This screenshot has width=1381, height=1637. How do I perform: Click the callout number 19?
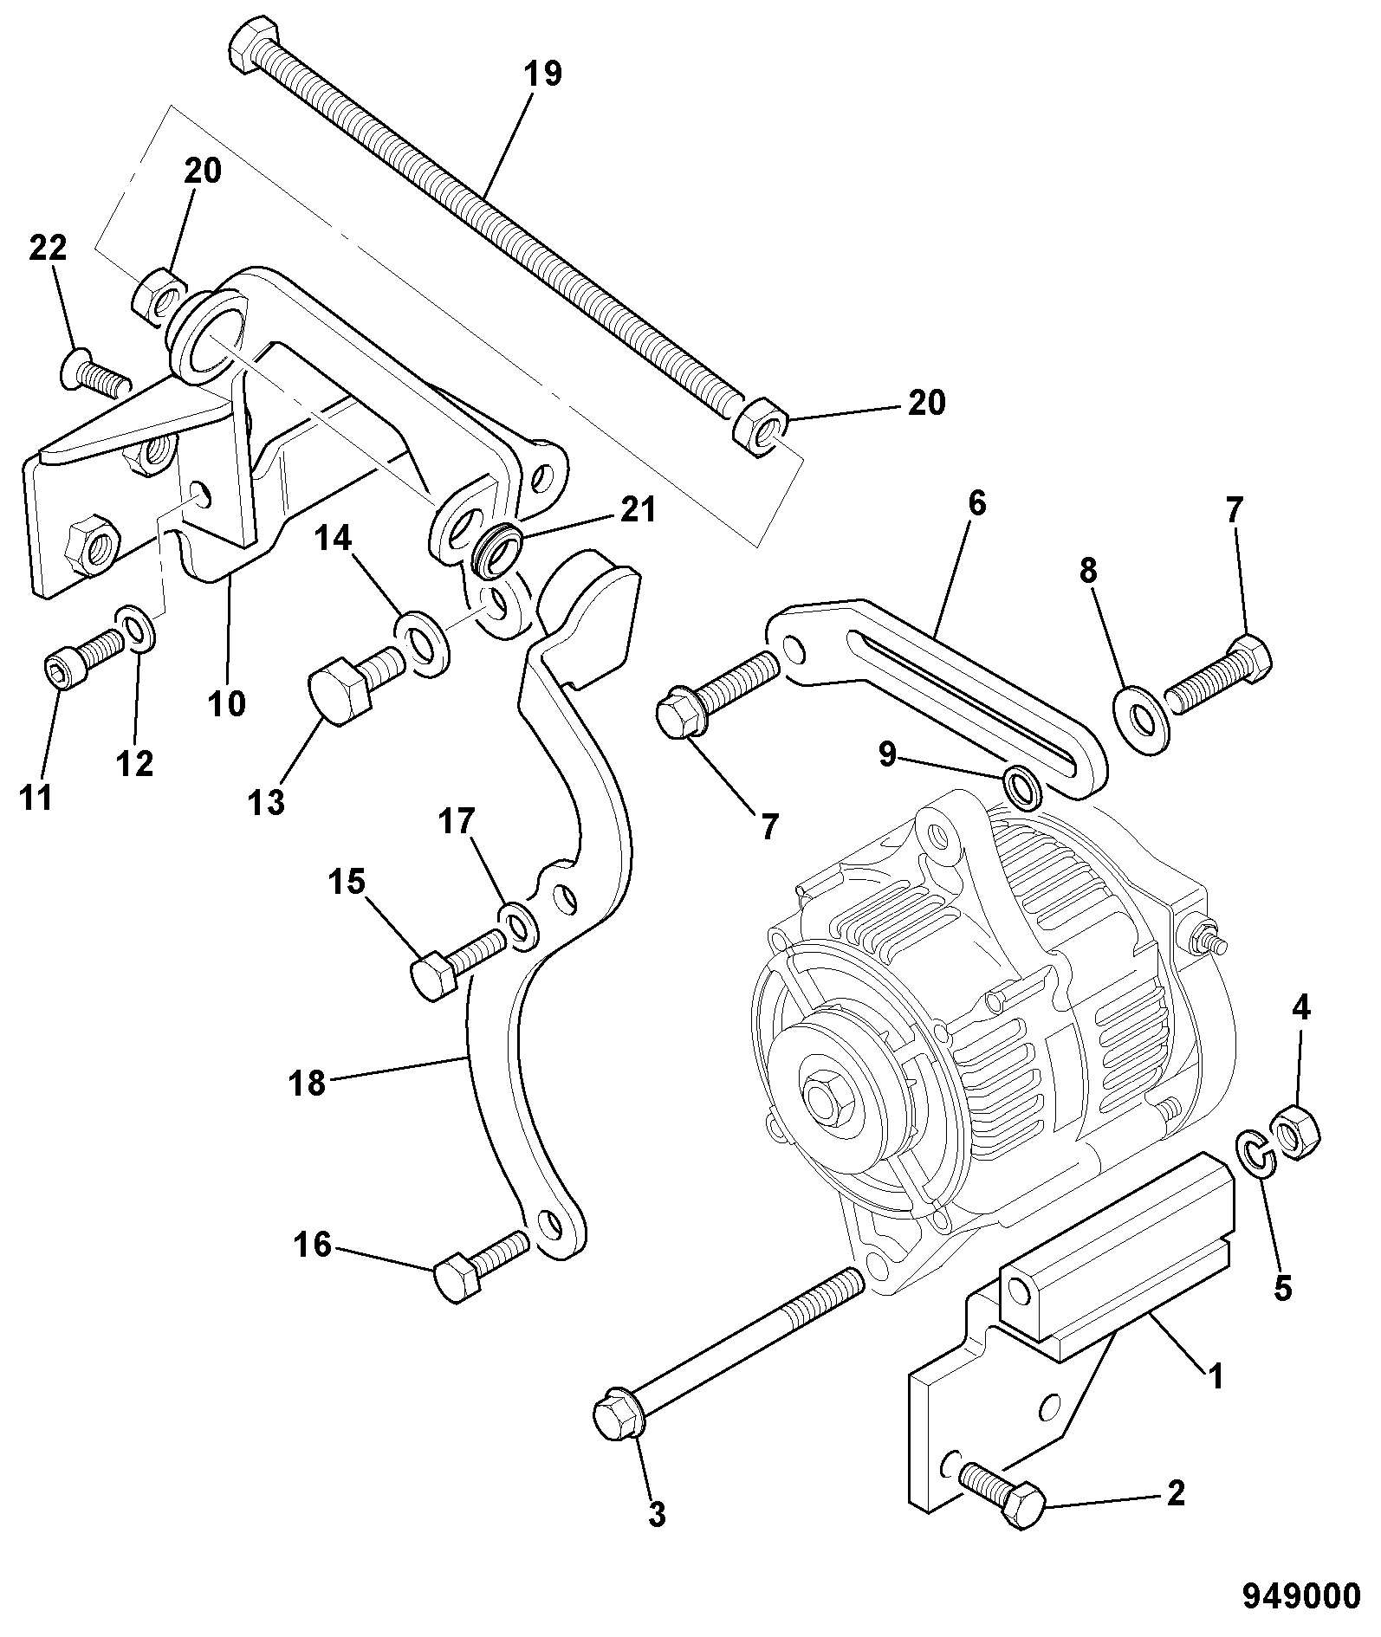543,74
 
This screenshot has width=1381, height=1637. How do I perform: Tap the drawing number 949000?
1300,1595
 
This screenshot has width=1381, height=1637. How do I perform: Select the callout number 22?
48,249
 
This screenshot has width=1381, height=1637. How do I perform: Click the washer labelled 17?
520,923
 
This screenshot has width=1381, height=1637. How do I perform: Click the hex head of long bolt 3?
617,1416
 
